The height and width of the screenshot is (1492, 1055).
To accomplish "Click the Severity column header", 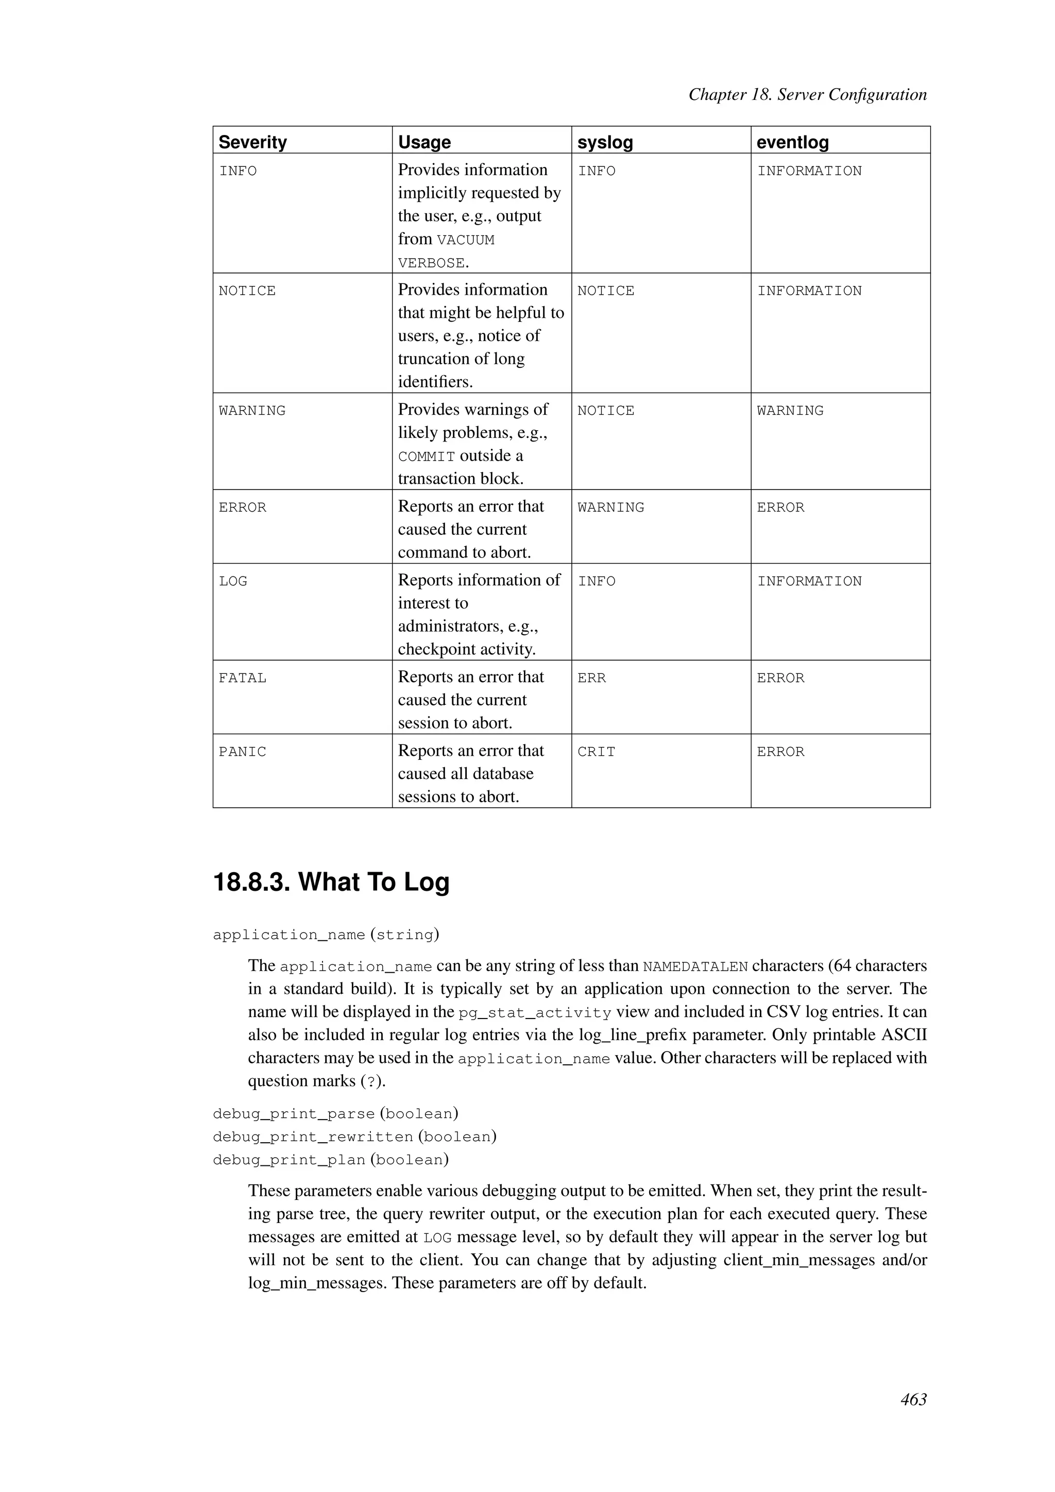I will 253,142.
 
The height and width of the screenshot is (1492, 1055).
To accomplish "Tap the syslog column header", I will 605,142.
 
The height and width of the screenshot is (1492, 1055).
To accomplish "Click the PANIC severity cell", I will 242,752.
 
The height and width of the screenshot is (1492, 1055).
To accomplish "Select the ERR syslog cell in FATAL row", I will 591,678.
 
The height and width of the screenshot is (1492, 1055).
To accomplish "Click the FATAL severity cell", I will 242,678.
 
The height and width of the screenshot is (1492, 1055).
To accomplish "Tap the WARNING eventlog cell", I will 790,411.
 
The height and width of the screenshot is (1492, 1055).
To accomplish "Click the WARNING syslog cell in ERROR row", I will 610,507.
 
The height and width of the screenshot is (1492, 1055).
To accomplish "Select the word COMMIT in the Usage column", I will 426,457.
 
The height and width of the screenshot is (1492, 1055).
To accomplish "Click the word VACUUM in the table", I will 465,241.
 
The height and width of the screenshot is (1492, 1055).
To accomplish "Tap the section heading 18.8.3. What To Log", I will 331,883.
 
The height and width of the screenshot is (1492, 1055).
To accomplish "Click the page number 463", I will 913,1400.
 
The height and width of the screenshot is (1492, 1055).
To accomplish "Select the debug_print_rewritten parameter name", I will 313,1137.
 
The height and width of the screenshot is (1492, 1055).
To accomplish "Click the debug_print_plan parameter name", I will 288,1160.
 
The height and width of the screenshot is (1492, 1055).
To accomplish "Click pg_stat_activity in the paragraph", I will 535,1013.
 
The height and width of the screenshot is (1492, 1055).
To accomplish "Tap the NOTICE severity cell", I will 247,291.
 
